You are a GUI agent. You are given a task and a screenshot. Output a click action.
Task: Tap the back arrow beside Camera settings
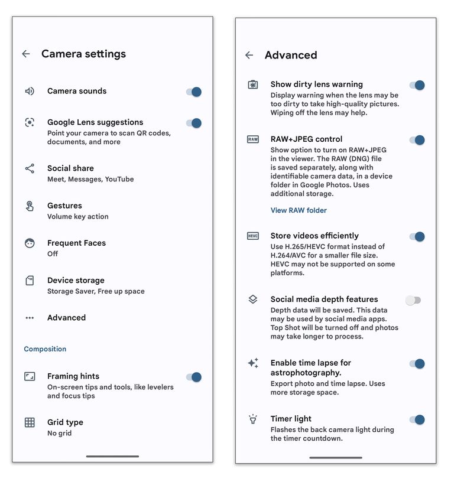pyautogui.click(x=26, y=54)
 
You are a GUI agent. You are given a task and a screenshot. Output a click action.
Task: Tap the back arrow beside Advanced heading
pyautogui.click(x=249, y=55)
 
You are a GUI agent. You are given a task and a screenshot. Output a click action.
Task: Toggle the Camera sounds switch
pyautogui.click(x=194, y=92)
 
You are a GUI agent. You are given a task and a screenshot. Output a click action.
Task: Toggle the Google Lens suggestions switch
pyautogui.click(x=194, y=123)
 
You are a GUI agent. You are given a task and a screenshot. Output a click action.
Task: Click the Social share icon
pyautogui.click(x=30, y=169)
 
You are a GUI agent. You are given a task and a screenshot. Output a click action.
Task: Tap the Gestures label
pyautogui.click(x=64, y=206)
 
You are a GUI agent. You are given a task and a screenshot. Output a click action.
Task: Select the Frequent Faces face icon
pyautogui.click(x=30, y=243)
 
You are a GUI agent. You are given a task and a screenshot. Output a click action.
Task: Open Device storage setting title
pyautogui.click(x=76, y=280)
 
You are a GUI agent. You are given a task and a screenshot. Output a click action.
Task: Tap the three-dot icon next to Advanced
pyautogui.click(x=30, y=318)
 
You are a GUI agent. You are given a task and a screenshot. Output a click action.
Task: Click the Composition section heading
pyautogui.click(x=45, y=349)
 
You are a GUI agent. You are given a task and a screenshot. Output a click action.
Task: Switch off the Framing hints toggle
pyautogui.click(x=194, y=377)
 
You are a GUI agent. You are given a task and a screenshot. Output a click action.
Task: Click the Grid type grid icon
pyautogui.click(x=30, y=422)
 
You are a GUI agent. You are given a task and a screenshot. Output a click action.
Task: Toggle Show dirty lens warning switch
pyautogui.click(x=417, y=85)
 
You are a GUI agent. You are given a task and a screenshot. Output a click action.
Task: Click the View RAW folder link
pyautogui.click(x=298, y=210)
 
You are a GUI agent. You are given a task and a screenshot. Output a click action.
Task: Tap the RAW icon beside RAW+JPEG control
pyautogui.click(x=252, y=139)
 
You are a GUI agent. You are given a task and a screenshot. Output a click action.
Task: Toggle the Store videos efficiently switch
pyautogui.click(x=417, y=236)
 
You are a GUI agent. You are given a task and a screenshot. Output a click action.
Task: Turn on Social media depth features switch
pyautogui.click(x=413, y=300)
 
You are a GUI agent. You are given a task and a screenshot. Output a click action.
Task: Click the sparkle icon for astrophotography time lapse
pyautogui.click(x=253, y=363)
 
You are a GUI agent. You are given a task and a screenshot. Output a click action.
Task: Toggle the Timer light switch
pyautogui.click(x=417, y=419)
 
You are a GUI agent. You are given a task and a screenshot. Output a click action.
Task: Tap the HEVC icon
pyautogui.click(x=252, y=236)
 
